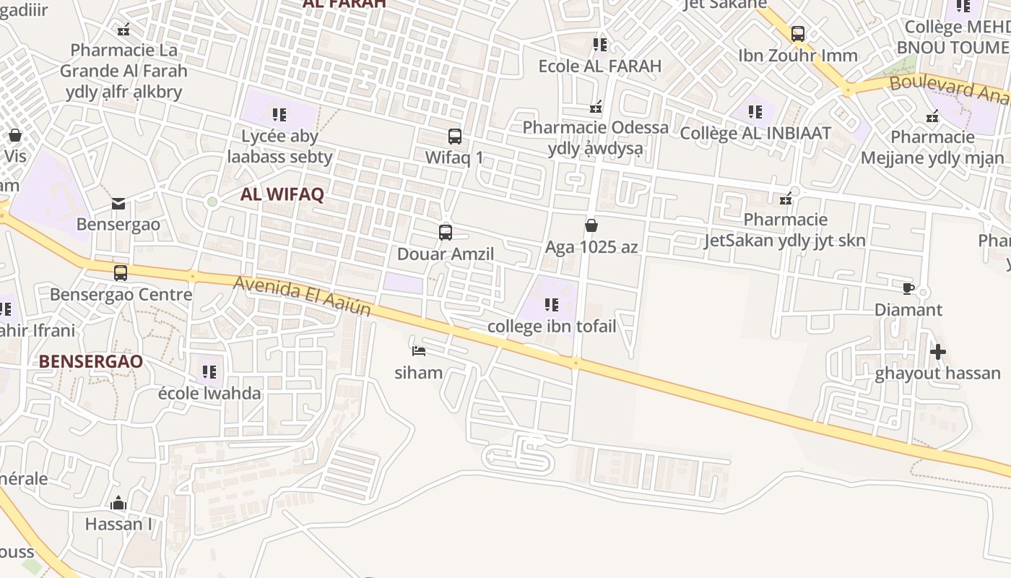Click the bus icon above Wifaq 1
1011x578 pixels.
pos(455,136)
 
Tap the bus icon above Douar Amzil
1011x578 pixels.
pos(446,233)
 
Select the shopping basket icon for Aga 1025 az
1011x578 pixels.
pos(591,225)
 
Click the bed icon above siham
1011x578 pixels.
pos(419,351)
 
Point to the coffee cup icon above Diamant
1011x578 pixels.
pos(908,288)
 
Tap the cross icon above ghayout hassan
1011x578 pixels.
pos(938,352)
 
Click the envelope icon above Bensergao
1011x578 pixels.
pos(118,204)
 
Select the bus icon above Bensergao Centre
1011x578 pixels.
pos(121,273)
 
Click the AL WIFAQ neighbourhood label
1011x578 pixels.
pos(282,194)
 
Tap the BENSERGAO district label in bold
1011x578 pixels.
pos(91,361)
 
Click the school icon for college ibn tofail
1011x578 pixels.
pos(552,305)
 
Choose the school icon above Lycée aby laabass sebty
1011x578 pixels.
pos(279,114)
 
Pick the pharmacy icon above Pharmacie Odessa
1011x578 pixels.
pos(596,108)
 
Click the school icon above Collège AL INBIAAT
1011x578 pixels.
pos(755,112)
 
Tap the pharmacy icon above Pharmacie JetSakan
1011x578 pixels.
pos(786,198)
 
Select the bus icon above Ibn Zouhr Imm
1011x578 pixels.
pos(798,33)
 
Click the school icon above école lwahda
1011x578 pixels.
pos(209,372)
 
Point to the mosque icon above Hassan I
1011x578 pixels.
pos(118,503)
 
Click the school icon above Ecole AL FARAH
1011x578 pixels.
pos(600,45)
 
